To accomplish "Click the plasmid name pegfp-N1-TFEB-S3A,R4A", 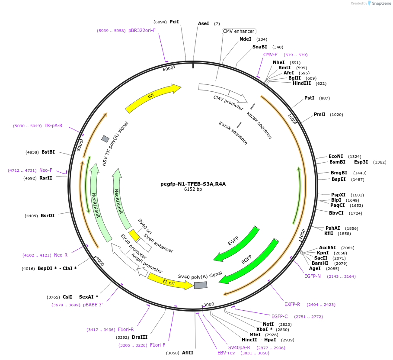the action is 193,183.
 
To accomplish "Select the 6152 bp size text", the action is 193,189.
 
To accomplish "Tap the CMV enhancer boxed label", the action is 239,31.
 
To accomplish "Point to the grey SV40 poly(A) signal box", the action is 201,285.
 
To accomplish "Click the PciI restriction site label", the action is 174,22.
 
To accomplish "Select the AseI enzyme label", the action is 203,23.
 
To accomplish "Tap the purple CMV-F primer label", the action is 270,55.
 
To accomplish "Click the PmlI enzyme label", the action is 320,114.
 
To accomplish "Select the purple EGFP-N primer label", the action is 313,276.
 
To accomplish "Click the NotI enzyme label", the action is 268,324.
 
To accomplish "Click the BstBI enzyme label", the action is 48,152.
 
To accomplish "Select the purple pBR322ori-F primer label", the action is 142,31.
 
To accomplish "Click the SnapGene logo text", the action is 381,3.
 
